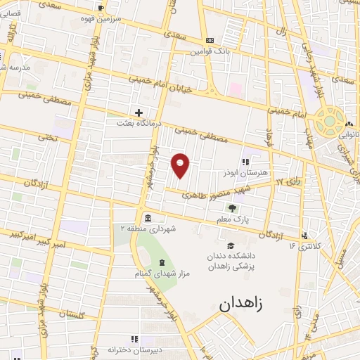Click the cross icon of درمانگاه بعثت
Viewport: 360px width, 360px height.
pos(139,112)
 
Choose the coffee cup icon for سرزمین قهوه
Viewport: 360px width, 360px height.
pos(101,8)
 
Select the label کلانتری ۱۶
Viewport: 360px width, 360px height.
pos(304,245)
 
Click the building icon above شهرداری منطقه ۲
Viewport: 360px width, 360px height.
pos(146,217)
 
